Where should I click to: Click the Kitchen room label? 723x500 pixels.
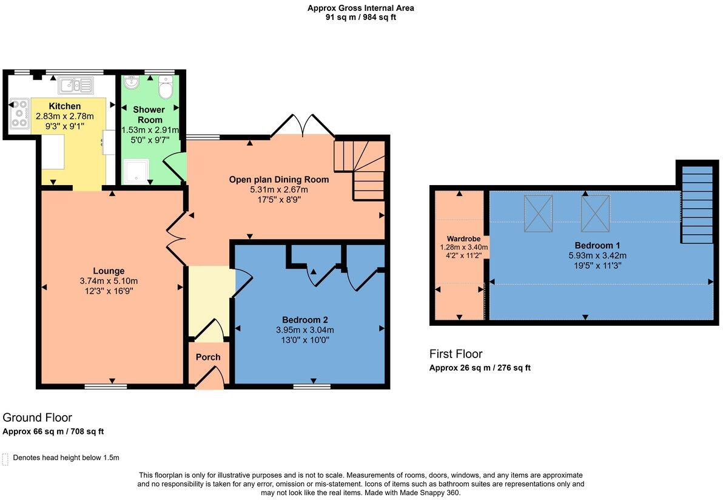[65, 106]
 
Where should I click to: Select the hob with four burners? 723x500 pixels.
[20, 114]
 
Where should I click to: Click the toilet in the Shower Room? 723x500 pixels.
[165, 88]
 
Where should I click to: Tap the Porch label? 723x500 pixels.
[207, 357]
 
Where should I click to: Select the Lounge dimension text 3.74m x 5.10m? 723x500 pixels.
[109, 281]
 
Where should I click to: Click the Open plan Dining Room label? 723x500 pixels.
[279, 180]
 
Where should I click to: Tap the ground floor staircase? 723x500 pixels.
[360, 170]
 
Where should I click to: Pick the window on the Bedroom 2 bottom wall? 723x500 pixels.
[312, 385]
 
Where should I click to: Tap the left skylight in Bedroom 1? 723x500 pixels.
[538, 213]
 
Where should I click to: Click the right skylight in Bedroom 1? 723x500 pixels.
[596, 213]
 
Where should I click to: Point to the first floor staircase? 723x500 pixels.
[697, 204]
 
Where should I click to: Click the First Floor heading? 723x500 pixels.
[456, 354]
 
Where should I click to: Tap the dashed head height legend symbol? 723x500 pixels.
[6, 459]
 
